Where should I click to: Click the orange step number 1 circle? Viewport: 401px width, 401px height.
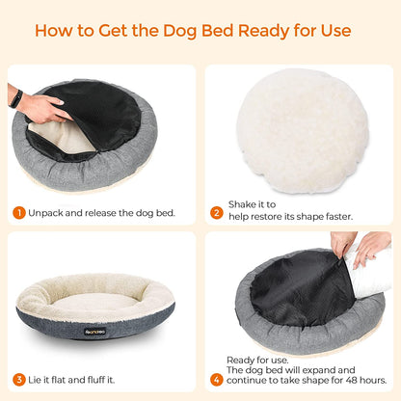19,212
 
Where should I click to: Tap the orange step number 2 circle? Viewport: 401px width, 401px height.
218,211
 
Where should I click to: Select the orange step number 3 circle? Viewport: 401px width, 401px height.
19,379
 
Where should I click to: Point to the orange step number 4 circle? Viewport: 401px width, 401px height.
217,379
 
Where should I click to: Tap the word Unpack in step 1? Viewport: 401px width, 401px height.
48,212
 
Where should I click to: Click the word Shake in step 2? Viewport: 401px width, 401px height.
246,204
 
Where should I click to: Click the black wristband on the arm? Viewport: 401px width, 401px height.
16,97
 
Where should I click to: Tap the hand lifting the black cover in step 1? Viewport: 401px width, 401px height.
42,107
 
